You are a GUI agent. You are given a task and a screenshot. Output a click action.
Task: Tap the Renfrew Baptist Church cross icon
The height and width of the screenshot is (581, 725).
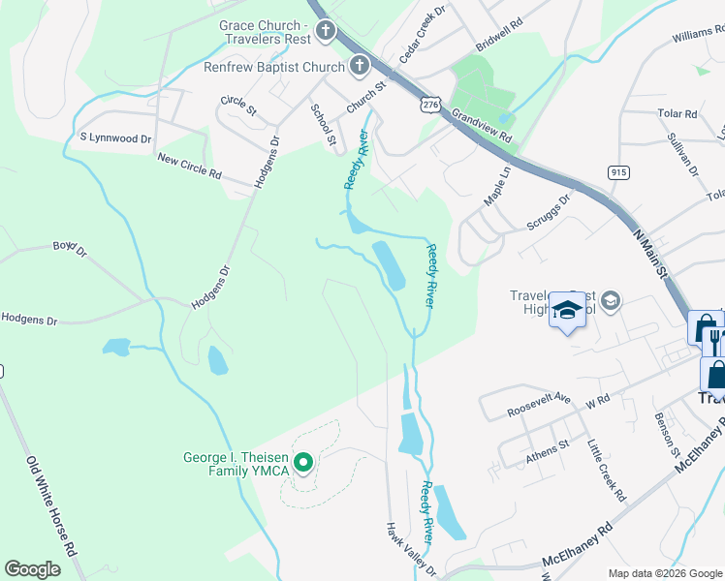pos(360,67)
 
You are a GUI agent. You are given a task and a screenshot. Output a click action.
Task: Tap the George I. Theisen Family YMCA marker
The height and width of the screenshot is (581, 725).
pos(302,465)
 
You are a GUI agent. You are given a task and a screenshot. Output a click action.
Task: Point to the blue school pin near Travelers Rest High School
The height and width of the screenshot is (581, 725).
pos(566,312)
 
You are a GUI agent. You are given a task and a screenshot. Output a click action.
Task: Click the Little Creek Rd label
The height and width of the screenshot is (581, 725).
pos(607,470)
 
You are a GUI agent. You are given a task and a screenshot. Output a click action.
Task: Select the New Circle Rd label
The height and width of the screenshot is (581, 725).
pos(190,167)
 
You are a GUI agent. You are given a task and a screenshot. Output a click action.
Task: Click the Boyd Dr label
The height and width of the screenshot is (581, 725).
pos(70,250)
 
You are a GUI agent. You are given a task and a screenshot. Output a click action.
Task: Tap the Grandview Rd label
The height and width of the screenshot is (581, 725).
pos(481,131)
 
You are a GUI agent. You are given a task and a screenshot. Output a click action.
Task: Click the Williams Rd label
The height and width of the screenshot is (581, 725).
pos(698,37)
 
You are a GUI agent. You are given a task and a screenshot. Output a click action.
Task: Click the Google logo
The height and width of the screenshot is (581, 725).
pos(33,569)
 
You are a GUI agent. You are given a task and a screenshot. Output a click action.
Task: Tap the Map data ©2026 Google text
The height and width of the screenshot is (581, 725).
pos(663,573)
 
